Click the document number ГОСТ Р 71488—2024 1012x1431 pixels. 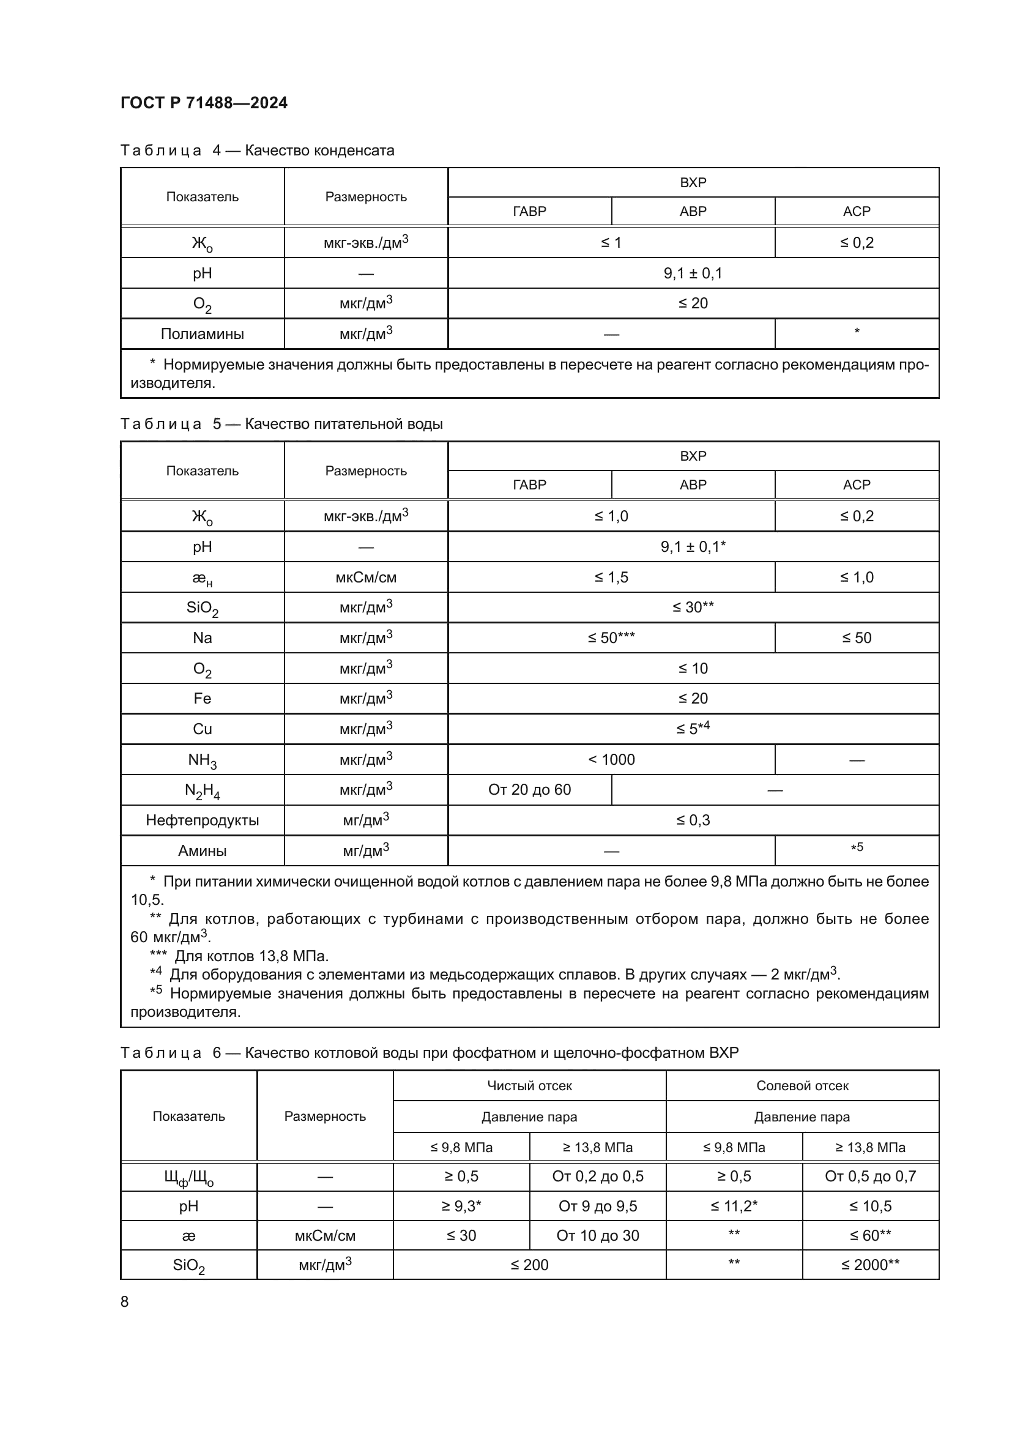[204, 103]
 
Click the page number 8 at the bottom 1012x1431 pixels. [125, 1302]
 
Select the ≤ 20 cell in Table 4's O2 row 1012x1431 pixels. [693, 303]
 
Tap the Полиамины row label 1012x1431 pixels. [202, 334]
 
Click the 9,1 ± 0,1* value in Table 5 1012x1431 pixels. [693, 547]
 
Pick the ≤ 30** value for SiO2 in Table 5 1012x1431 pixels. [693, 608]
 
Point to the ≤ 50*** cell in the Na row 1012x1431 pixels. [611, 638]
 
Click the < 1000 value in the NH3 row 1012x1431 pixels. [611, 760]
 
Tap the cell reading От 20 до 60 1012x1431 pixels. [529, 790]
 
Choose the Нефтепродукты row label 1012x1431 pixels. [202, 821]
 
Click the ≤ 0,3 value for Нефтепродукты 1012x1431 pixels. [693, 821]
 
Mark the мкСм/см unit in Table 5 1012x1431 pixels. [366, 578]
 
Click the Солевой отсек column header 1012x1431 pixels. [802, 1087]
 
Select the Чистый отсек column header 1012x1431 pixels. [529, 1087]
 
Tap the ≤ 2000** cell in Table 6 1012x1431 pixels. [870, 1265]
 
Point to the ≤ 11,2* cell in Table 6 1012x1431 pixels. [734, 1206]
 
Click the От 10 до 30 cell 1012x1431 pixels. [598, 1236]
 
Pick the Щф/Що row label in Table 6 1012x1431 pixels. [188, 1177]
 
